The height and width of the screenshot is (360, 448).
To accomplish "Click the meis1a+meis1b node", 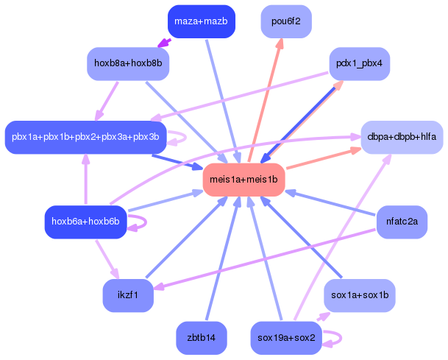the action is (x=243, y=180).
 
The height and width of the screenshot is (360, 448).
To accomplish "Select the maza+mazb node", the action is (x=201, y=21).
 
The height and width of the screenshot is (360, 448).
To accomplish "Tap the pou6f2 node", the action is (x=286, y=21).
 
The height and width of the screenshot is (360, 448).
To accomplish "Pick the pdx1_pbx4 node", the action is (x=359, y=63).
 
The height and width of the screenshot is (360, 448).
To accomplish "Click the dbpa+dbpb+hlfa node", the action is (x=402, y=137).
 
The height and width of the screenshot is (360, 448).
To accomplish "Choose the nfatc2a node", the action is (x=402, y=222).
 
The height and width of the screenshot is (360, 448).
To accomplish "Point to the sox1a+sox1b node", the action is (x=360, y=295).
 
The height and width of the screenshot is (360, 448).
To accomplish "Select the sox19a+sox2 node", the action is (x=286, y=338).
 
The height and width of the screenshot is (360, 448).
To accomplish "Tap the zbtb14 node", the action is (x=201, y=338).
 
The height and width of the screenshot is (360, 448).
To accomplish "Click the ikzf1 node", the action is (x=128, y=295).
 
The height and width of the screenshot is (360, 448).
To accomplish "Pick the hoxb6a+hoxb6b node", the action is (x=85, y=222).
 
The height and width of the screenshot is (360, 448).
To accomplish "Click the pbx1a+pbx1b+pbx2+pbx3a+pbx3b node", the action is (x=85, y=137).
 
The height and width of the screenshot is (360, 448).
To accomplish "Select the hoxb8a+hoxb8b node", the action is (x=128, y=63).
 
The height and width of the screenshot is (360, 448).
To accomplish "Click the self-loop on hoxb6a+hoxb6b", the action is (x=146, y=222).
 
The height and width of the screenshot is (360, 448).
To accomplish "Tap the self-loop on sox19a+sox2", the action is (x=341, y=338).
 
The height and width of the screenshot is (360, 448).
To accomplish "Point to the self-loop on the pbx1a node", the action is (x=185, y=138).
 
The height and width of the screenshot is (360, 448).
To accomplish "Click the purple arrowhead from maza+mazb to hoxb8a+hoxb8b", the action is (x=164, y=43).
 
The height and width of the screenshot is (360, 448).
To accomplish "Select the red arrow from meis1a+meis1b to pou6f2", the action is (x=266, y=100).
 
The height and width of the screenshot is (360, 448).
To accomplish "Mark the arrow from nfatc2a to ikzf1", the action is (x=264, y=259).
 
